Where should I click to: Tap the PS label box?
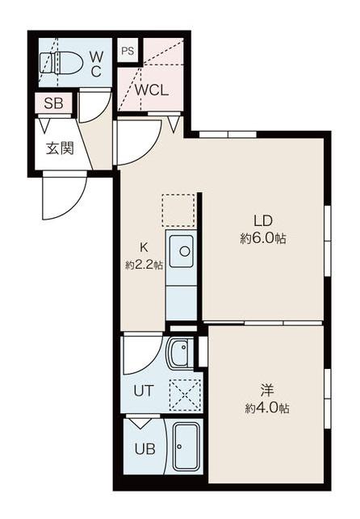(x=128, y=51)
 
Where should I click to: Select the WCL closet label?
(x=151, y=90)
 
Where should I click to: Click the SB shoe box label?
(x=53, y=103)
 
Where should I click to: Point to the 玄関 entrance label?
(x=60, y=149)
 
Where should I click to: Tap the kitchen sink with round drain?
(x=181, y=252)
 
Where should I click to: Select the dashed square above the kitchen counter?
(x=178, y=211)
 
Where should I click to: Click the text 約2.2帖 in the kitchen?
(x=144, y=265)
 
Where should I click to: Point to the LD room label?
(x=262, y=220)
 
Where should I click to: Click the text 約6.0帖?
(x=263, y=239)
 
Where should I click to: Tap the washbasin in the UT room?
(x=180, y=354)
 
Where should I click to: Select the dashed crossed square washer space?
(x=186, y=396)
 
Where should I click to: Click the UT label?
(x=144, y=391)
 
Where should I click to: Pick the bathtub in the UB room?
(x=187, y=446)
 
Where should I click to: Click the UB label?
(x=145, y=449)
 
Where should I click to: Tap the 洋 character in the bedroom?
(x=267, y=390)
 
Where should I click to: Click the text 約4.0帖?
(x=267, y=408)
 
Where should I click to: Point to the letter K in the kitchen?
(x=144, y=247)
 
